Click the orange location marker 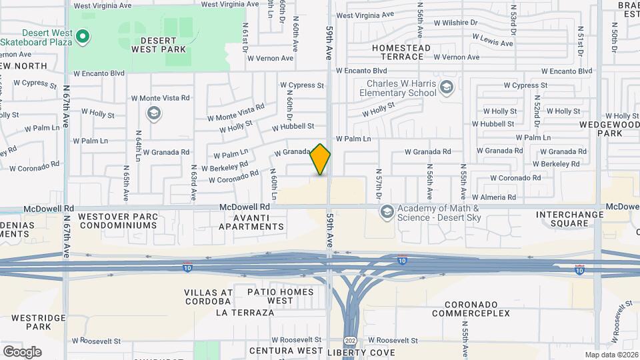(x=321, y=159)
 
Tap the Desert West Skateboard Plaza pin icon (x=83, y=36)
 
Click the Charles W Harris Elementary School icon (x=446, y=87)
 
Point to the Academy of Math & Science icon (x=386, y=212)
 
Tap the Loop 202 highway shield (x=350, y=340)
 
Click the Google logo (x=22, y=351)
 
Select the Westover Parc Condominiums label (x=118, y=221)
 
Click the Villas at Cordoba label (x=208, y=297)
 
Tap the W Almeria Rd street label (x=493, y=197)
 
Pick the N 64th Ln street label (x=139, y=145)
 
